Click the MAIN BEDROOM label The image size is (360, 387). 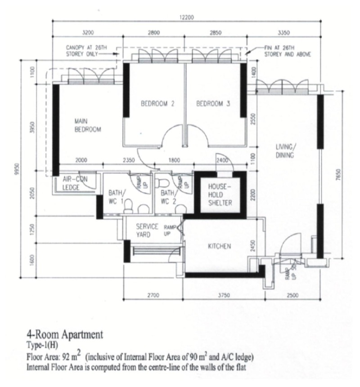[x=88, y=125]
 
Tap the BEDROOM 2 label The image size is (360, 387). [x=157, y=103]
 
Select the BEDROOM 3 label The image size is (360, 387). [x=213, y=103]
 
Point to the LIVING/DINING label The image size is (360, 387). [x=285, y=151]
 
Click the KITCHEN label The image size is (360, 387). [x=220, y=246]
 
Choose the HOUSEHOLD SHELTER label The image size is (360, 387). [x=220, y=195]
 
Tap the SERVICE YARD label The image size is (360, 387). [x=147, y=230]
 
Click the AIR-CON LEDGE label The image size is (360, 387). [x=75, y=183]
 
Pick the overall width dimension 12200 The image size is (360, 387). [x=187, y=17]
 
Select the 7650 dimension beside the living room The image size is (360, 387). [x=338, y=174]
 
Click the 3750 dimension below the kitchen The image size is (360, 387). [x=224, y=295]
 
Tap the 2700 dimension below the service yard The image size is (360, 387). [x=153, y=295]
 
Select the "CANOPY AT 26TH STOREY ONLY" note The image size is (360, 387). [x=86, y=51]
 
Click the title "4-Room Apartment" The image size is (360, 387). [x=64, y=334]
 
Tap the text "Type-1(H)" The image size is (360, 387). [x=42, y=345]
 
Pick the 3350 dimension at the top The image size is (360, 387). [x=283, y=32]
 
